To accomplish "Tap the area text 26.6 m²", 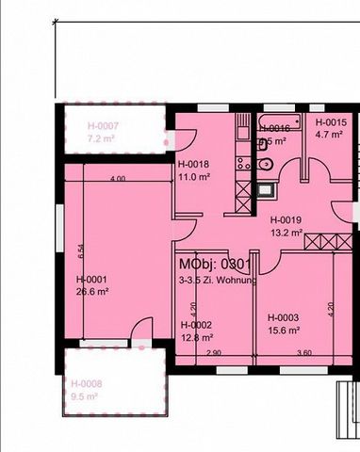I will [93, 292].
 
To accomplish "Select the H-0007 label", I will [103, 125].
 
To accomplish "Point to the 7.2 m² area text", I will [101, 137].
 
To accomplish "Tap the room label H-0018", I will [192, 164].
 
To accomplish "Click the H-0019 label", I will [286, 220].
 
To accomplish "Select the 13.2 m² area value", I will [286, 233].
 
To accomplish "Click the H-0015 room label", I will [331, 122].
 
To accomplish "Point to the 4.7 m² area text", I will [328, 135].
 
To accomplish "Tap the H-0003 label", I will [283, 317].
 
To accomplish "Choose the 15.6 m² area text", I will [283, 330].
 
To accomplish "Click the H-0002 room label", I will [195, 324].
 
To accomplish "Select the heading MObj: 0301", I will [214, 266].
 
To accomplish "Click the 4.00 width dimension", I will [117, 179].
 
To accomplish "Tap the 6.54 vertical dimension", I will [81, 250].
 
